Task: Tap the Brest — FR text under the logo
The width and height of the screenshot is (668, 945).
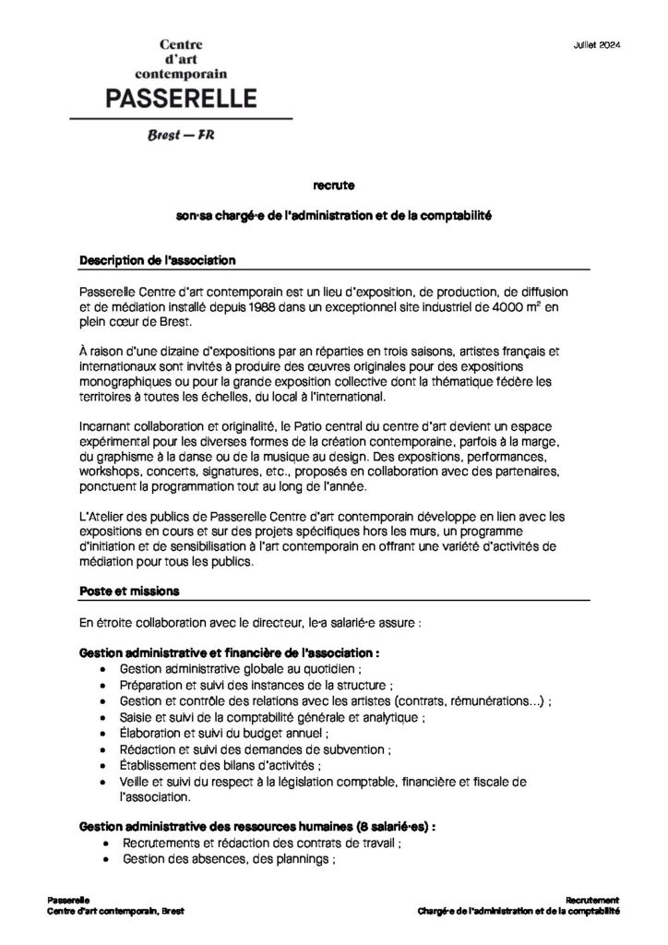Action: click(182, 137)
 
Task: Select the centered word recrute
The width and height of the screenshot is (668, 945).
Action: click(333, 185)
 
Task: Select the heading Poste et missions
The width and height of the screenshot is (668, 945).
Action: click(130, 590)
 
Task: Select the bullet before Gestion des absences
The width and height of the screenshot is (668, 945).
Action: click(113, 858)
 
